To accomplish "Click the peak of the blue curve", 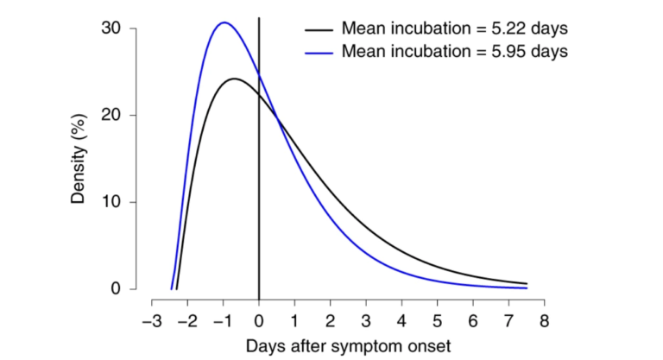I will click(x=224, y=22).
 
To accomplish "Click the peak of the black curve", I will click(x=234, y=79).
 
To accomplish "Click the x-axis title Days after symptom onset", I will click(x=348, y=345).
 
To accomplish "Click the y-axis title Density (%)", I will click(x=79, y=159).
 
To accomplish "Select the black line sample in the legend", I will click(x=320, y=28).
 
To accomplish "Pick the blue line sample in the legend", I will click(x=320, y=51).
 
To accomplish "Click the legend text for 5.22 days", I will click(x=454, y=28).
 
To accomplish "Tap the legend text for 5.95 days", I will click(x=454, y=51).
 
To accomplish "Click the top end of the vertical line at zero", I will click(x=259, y=17).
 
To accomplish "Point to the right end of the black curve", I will click(x=527, y=283).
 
